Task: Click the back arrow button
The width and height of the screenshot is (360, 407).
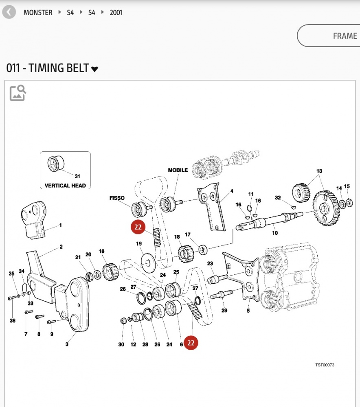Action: click(x=9, y=12)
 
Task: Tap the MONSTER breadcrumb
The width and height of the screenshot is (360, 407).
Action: click(x=38, y=13)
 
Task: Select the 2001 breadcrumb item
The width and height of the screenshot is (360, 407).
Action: click(x=116, y=13)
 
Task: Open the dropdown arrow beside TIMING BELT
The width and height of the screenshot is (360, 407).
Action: click(x=94, y=69)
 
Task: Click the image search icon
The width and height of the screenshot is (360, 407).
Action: click(x=18, y=93)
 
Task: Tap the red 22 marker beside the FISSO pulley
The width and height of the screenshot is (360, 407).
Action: click(x=138, y=227)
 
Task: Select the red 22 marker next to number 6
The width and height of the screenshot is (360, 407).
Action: click(x=191, y=343)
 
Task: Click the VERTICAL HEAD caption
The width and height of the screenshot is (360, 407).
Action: click(x=65, y=186)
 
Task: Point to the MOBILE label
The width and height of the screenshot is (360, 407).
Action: click(x=178, y=170)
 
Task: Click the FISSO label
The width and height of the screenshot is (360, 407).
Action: click(x=117, y=198)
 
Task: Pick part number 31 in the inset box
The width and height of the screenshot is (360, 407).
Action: click(x=77, y=176)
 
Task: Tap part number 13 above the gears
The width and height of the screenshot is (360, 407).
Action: click(x=319, y=171)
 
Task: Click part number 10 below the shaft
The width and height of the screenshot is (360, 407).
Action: click(x=275, y=233)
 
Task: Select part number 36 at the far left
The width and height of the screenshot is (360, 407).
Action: click(x=13, y=321)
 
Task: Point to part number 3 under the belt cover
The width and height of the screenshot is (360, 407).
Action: click(x=67, y=345)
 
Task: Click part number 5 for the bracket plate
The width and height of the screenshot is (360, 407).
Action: click(x=248, y=311)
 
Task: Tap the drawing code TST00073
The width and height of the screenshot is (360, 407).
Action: click(x=325, y=365)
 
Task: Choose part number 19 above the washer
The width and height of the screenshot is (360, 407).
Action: click(x=139, y=244)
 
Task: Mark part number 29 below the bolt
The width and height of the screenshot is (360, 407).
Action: click(x=224, y=311)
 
